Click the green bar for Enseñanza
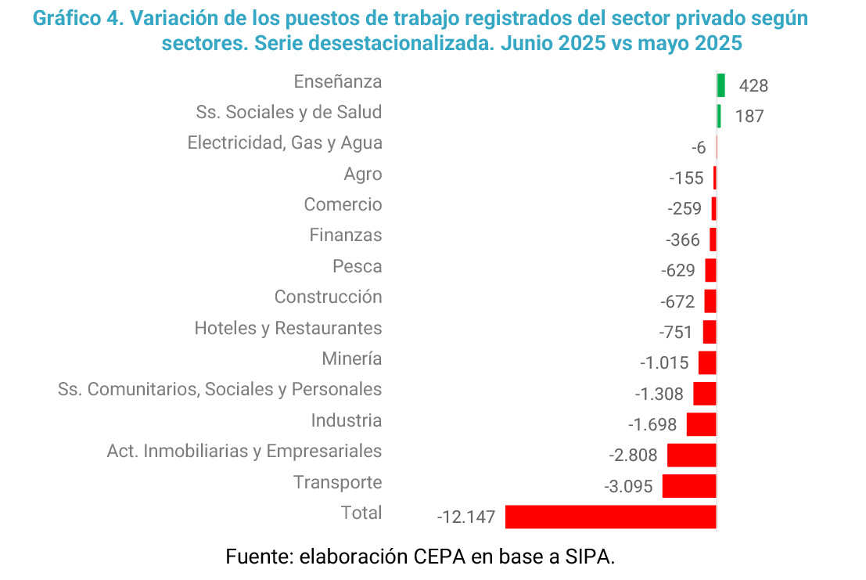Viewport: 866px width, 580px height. click(x=720, y=85)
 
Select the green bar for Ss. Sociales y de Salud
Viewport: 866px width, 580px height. click(x=719, y=116)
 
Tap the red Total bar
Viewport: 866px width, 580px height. click(x=611, y=517)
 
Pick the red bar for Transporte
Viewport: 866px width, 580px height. click(x=689, y=485)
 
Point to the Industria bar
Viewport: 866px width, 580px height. click(x=701, y=424)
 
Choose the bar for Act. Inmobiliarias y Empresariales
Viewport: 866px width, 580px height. click(x=692, y=455)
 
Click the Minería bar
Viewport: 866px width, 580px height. click(x=707, y=362)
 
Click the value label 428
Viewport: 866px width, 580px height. click(x=753, y=86)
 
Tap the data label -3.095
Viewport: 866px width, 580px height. click(x=628, y=487)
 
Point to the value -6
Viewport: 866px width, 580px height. click(x=699, y=148)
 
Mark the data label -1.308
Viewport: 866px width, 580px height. click(x=659, y=394)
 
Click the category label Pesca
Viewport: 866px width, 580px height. click(x=357, y=266)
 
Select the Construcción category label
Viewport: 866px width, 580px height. click(x=328, y=297)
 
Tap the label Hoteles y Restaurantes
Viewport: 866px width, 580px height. click(x=288, y=328)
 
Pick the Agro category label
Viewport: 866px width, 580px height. click(x=362, y=175)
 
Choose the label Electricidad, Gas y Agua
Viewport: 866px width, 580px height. click(x=285, y=143)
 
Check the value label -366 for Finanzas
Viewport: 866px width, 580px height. click(x=682, y=240)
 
